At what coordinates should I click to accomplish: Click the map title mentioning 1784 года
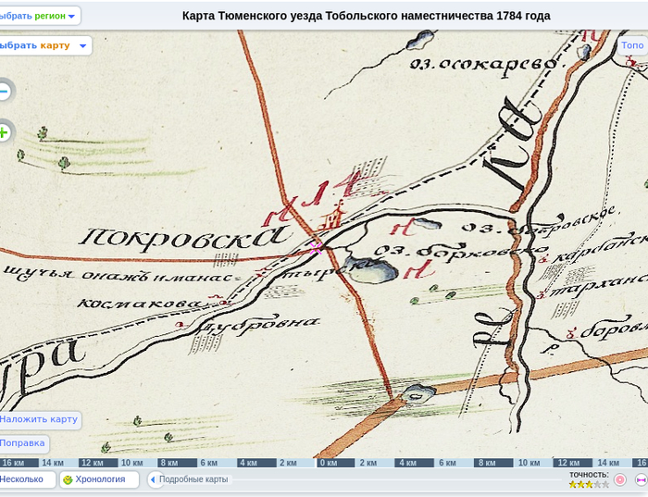(366, 16)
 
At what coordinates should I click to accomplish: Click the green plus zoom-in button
(4, 132)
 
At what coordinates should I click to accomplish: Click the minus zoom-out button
(4, 91)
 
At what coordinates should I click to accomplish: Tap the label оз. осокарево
(485, 64)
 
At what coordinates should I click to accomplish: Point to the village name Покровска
(181, 237)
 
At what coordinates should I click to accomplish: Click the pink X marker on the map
(317, 247)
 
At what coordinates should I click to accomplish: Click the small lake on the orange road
(418, 392)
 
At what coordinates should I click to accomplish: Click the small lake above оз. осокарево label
(422, 39)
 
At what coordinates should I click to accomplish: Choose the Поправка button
(22, 443)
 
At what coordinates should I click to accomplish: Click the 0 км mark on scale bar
(328, 463)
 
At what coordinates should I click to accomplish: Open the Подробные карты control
(192, 479)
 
